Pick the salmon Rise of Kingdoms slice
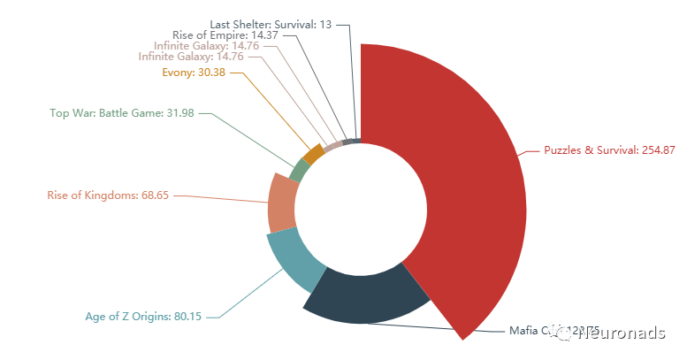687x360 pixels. tap(280, 203)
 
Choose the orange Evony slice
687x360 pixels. tap(312, 155)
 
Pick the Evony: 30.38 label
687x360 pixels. tap(195, 72)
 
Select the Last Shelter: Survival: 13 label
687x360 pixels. tap(271, 24)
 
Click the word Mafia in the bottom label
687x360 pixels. tap(523, 332)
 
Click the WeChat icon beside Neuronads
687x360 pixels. tap(562, 332)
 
